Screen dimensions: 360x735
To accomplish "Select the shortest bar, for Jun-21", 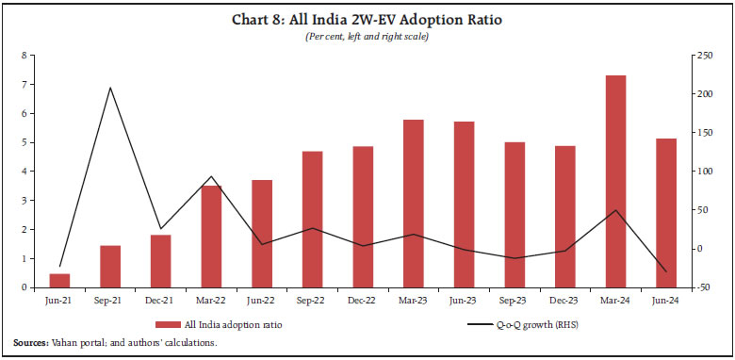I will point(59,280).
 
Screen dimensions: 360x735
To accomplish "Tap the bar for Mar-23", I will point(413,203).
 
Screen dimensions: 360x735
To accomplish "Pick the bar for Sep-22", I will point(312,219).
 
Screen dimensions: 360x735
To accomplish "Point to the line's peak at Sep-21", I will point(110,88).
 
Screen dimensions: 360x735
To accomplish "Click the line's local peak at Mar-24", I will point(615,210).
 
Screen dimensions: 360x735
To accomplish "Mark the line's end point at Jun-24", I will point(665,271).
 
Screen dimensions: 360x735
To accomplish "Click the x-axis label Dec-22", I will point(363,299).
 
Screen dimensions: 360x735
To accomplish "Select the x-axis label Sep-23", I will point(514,299).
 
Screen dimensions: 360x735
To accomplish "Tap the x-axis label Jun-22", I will point(261,299).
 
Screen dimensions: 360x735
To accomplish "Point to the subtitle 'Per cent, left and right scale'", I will point(367,38).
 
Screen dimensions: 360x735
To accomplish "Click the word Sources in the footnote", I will point(31,343).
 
